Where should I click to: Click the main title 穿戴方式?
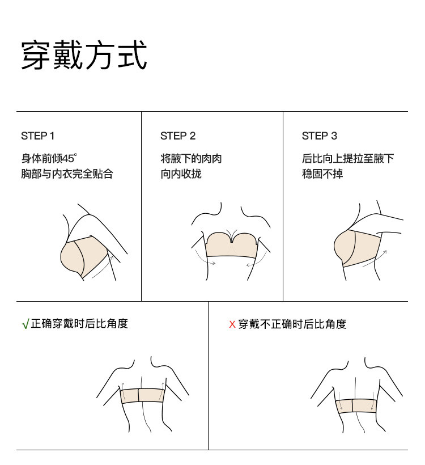[84, 55]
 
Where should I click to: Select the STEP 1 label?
[37, 136]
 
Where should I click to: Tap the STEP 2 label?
[178, 136]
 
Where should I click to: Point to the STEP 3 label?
[320, 136]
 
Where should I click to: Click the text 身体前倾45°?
[49, 158]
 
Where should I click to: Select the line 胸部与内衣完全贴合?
[67, 174]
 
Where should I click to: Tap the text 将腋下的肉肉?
[191, 158]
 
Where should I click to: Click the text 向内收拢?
[181, 174]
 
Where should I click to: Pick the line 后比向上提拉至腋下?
[348, 158]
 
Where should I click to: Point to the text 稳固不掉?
[322, 174]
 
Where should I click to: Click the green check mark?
[25, 324]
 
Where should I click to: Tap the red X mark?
[232, 324]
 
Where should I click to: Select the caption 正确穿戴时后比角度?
[79, 323]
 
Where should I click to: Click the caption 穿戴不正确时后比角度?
[292, 324]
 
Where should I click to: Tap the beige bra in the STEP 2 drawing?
[231, 246]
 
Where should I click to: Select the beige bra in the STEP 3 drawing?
[356, 248]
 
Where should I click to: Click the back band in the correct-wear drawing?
[143, 396]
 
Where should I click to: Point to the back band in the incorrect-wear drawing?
[356, 406]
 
